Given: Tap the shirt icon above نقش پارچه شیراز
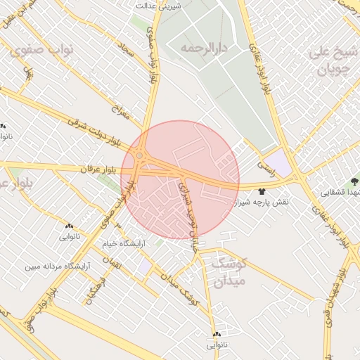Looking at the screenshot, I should pyautogui.click(x=262, y=191).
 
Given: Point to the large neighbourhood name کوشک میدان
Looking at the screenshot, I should pyautogui.click(x=229, y=273).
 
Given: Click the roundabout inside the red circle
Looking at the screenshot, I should pyautogui.click(x=140, y=155).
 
